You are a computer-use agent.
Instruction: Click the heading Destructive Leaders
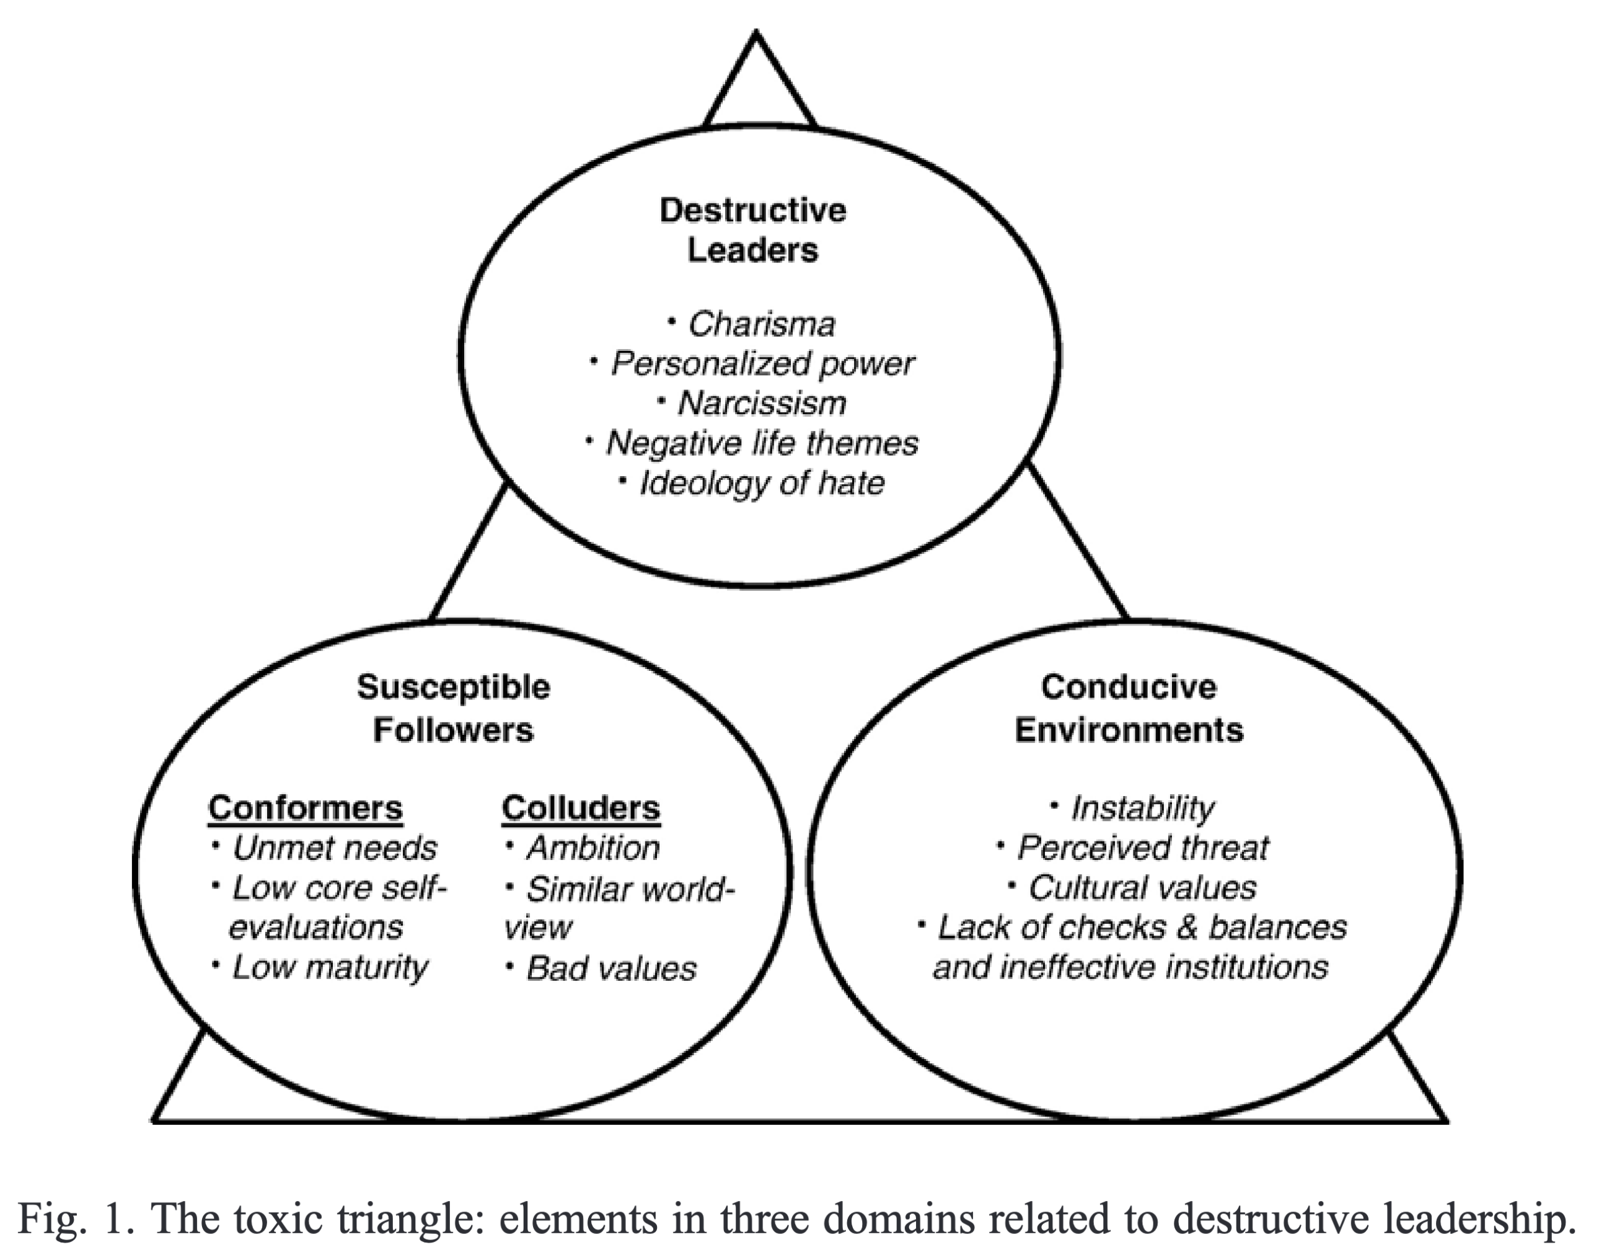tap(752, 230)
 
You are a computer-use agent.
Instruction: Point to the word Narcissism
tap(762, 404)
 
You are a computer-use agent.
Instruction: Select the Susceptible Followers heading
tap(453, 708)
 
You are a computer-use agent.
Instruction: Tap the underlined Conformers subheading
tap(306, 808)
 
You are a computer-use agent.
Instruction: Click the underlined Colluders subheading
tap(581, 808)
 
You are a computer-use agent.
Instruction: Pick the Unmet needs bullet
tap(334, 848)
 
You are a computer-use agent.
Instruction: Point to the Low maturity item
tap(330, 967)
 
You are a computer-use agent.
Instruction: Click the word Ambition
tap(592, 848)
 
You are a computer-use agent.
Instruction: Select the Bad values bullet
tap(610, 968)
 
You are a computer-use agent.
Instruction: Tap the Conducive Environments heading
tap(1129, 708)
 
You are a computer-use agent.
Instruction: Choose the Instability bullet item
tap(1142, 809)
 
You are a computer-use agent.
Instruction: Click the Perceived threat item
tap(1142, 848)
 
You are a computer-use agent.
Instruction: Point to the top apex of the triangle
tap(756, 33)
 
